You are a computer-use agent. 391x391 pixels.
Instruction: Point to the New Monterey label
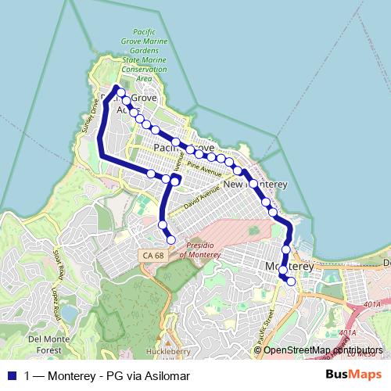click(x=256, y=185)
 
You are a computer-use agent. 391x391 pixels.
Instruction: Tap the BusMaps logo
click(x=353, y=375)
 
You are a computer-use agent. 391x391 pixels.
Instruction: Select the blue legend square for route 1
click(x=11, y=375)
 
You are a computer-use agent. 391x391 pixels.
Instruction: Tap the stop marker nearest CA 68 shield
click(x=171, y=240)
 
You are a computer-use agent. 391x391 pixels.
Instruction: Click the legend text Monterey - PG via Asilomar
click(x=107, y=375)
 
